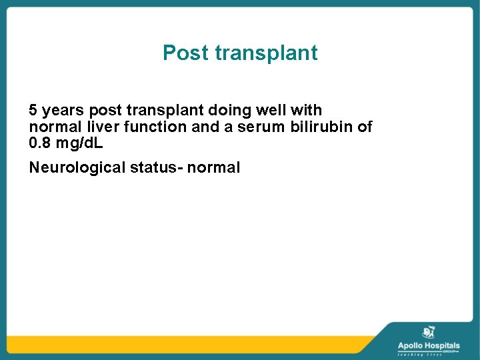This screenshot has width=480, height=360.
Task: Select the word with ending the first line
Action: click(x=309, y=110)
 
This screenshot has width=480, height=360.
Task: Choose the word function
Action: click(x=153, y=127)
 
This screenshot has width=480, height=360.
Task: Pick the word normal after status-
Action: click(x=213, y=168)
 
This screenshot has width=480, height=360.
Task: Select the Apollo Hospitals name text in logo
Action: click(x=428, y=345)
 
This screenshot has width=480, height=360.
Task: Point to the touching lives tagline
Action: click(x=420, y=355)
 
